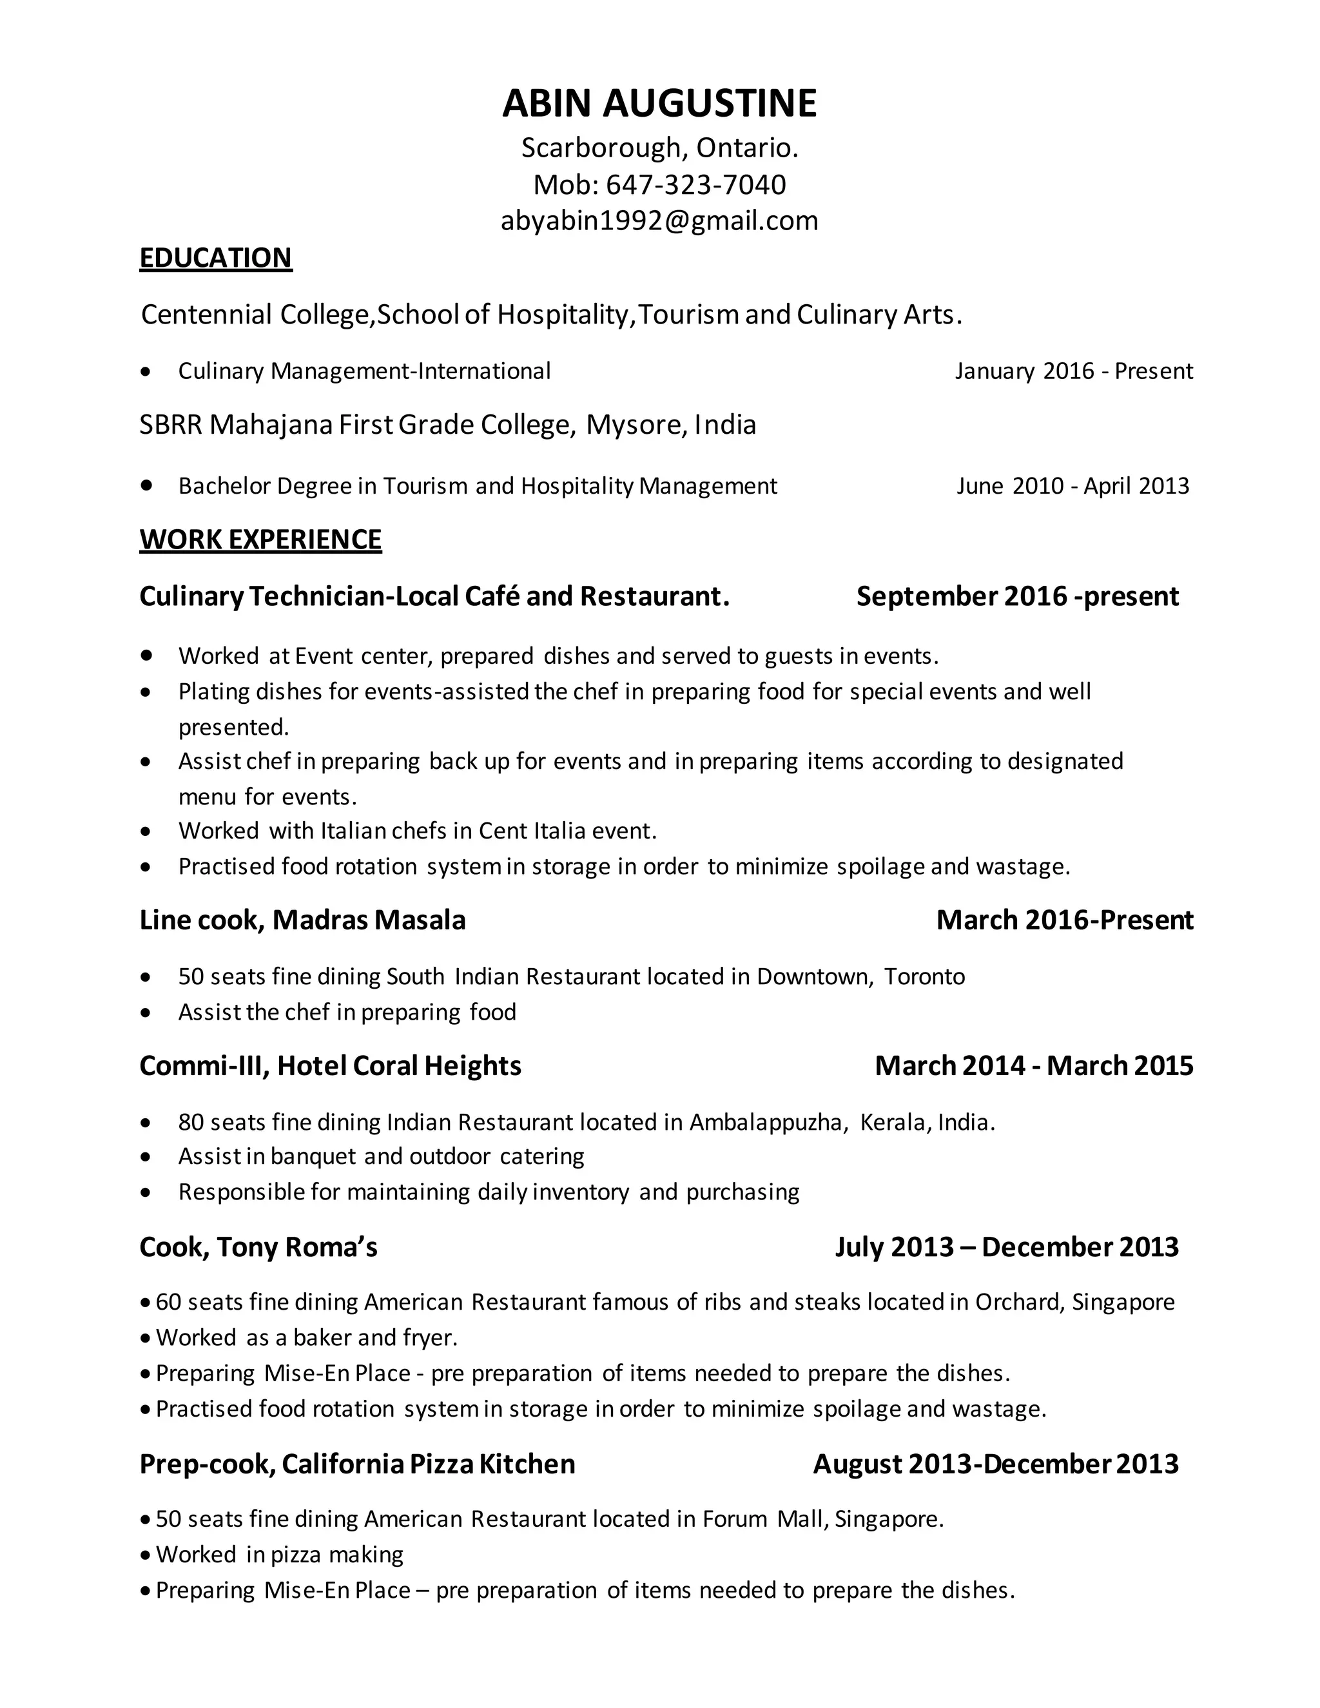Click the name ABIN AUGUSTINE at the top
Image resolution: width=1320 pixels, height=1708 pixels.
pos(659,103)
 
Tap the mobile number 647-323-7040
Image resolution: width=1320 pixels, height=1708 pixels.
pos(695,184)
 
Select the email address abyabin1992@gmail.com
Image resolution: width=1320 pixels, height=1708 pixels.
pos(659,220)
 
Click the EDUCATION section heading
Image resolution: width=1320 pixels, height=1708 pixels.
pos(215,257)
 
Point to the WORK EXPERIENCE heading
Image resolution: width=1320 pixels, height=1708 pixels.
pos(260,539)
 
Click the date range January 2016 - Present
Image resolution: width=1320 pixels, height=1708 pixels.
pos(1073,371)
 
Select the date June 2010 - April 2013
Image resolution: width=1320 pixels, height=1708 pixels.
pos(1072,486)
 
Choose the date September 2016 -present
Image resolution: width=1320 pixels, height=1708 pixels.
pos(1016,596)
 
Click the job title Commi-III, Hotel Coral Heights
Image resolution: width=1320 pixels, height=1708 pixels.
pos(330,1065)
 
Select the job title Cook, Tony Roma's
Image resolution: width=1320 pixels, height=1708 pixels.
pos(258,1247)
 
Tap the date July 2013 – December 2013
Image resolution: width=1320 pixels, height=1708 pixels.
pos(1005,1247)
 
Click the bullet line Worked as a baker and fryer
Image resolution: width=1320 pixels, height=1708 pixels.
pos(307,1337)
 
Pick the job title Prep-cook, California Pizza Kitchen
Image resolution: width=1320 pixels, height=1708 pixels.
pos(356,1464)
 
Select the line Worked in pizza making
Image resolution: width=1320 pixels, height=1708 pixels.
pos(279,1554)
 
